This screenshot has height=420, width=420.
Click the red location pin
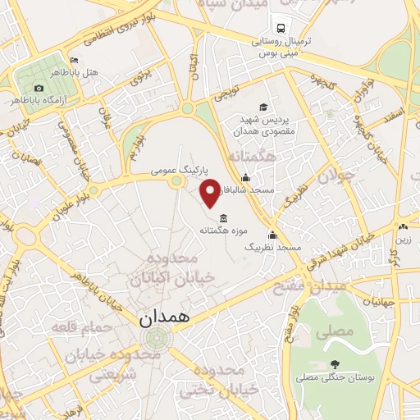(x=211, y=191)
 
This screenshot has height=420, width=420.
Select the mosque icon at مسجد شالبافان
(x=244, y=178)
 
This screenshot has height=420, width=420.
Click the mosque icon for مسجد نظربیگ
(x=272, y=235)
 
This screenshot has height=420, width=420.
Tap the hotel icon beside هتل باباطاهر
(x=74, y=60)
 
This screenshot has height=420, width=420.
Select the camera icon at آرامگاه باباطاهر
(x=39, y=88)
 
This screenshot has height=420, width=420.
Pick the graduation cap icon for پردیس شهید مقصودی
(x=263, y=107)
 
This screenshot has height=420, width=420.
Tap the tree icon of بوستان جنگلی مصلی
(x=334, y=364)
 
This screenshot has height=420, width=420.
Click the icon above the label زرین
(x=402, y=227)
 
